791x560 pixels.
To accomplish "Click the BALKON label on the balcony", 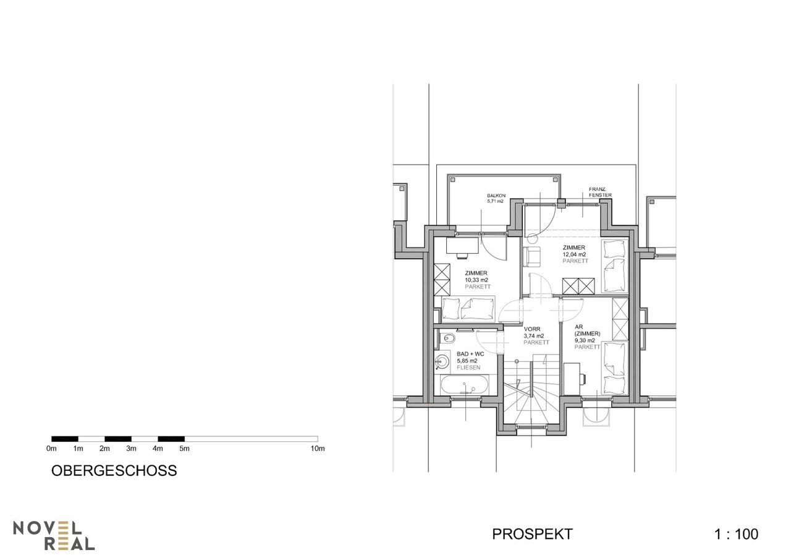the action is (x=496, y=196).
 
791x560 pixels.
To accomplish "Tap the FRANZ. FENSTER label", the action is (x=600, y=192).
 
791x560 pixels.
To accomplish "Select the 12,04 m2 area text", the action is (x=574, y=254).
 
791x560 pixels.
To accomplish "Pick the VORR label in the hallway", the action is (x=532, y=329).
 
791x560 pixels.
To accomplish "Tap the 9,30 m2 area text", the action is (x=585, y=340).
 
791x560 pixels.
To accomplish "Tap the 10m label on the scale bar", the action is (x=318, y=449).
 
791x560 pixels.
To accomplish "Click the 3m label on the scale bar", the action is (x=131, y=449).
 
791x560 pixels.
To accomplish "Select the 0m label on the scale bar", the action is (x=51, y=449).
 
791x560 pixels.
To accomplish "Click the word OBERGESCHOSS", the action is (x=114, y=470).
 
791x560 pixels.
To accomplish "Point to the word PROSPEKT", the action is (x=532, y=534).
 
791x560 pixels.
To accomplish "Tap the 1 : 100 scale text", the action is (x=736, y=534).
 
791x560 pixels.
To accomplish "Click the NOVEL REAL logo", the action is (x=54, y=535).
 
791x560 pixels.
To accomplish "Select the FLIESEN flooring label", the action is (x=468, y=368).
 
